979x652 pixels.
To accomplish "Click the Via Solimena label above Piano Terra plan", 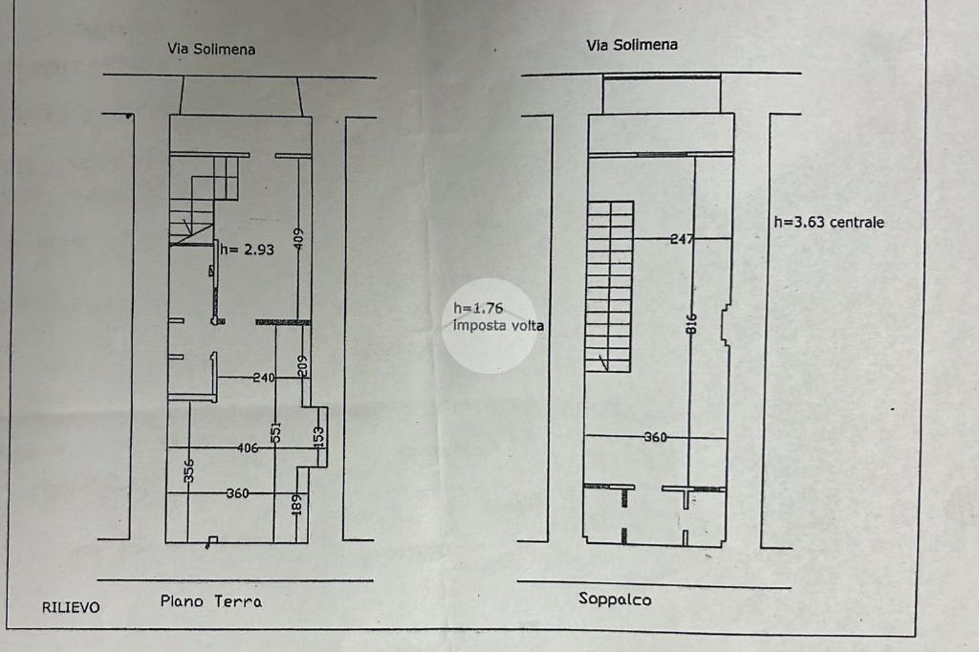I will point(212,49).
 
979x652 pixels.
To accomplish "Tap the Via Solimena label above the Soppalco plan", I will point(632,44).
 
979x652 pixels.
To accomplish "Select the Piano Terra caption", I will point(210,601).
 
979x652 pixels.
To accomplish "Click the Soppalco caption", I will point(615,599).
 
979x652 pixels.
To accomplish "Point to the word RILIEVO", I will point(70,607).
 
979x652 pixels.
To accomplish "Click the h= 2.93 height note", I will point(248,250).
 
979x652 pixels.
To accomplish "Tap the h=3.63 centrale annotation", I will point(828,222).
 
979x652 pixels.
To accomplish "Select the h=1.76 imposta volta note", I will point(497,317).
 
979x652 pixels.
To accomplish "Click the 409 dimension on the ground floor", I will point(298,238).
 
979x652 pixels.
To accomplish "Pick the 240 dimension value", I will point(264,378).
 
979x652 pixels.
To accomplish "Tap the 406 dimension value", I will point(248,447).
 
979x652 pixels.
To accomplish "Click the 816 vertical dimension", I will point(692,325).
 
